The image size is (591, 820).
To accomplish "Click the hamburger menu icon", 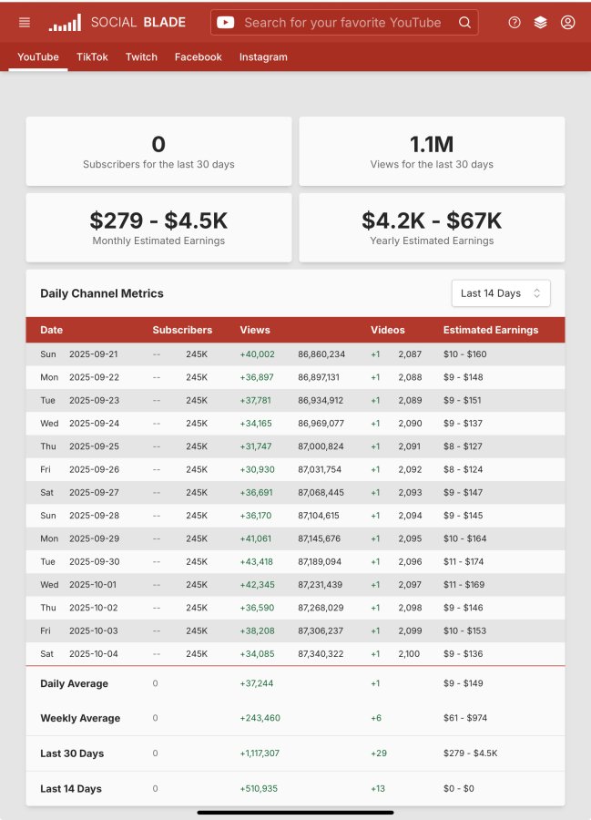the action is (24, 23).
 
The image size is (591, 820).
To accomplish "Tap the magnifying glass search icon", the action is (464, 23).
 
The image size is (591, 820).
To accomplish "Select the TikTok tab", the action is (92, 57).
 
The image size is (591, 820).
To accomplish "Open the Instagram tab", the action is (263, 57).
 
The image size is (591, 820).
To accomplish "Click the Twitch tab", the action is (141, 57).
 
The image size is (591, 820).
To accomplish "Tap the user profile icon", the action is (567, 23).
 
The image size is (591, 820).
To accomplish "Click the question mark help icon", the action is (515, 23).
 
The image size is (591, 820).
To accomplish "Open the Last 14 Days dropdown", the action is (501, 293).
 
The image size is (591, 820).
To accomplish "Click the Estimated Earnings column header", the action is (491, 330).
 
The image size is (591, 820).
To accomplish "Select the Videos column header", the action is (388, 330).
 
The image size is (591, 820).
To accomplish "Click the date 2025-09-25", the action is (94, 446).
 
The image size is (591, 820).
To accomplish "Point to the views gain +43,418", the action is (256, 561).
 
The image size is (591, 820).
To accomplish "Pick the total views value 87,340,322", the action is (321, 653).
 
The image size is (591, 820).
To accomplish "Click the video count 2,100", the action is (409, 653).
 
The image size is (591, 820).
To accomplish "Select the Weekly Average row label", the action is (80, 718).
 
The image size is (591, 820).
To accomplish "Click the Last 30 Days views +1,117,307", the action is (260, 753).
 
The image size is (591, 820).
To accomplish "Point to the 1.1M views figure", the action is (432, 144).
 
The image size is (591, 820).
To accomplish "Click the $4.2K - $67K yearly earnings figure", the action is (432, 220).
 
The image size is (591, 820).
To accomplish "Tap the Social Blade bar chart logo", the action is (65, 23).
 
